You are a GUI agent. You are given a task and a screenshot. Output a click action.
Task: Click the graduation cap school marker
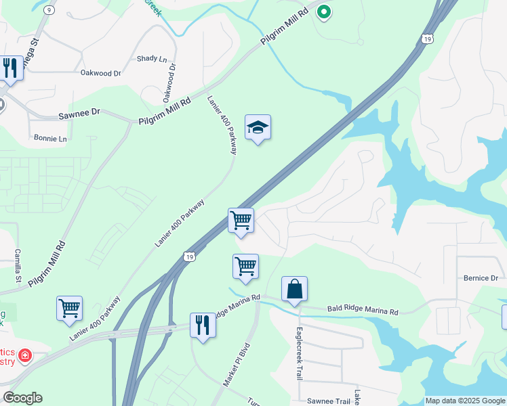(258, 127)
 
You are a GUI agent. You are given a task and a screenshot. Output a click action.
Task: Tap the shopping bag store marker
(294, 290)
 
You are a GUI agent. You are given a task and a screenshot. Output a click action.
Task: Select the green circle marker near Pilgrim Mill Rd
(324, 12)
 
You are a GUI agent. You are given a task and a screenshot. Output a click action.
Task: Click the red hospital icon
(25, 355)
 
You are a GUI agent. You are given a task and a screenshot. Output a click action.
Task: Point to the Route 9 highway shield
(49, 10)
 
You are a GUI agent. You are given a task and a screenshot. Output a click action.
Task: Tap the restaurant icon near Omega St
(10, 68)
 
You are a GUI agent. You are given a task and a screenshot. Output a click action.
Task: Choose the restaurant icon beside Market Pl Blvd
(203, 325)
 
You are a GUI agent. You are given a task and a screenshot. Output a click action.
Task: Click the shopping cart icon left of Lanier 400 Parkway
(69, 308)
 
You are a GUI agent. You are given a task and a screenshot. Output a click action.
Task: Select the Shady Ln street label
(151, 59)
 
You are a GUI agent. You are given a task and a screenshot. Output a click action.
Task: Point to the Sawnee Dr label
(79, 116)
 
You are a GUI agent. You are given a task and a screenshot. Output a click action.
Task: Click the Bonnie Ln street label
(50, 139)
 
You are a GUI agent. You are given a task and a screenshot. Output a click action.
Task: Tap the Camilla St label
(18, 266)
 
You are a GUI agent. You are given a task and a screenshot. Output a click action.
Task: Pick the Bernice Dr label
(481, 278)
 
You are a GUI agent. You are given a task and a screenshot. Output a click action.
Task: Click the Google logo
(22, 398)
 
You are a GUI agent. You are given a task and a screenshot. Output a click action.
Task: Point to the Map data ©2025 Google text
(465, 401)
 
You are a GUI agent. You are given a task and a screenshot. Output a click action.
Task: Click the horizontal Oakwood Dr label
(100, 73)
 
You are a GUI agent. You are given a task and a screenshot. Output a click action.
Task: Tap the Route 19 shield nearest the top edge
(426, 40)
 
